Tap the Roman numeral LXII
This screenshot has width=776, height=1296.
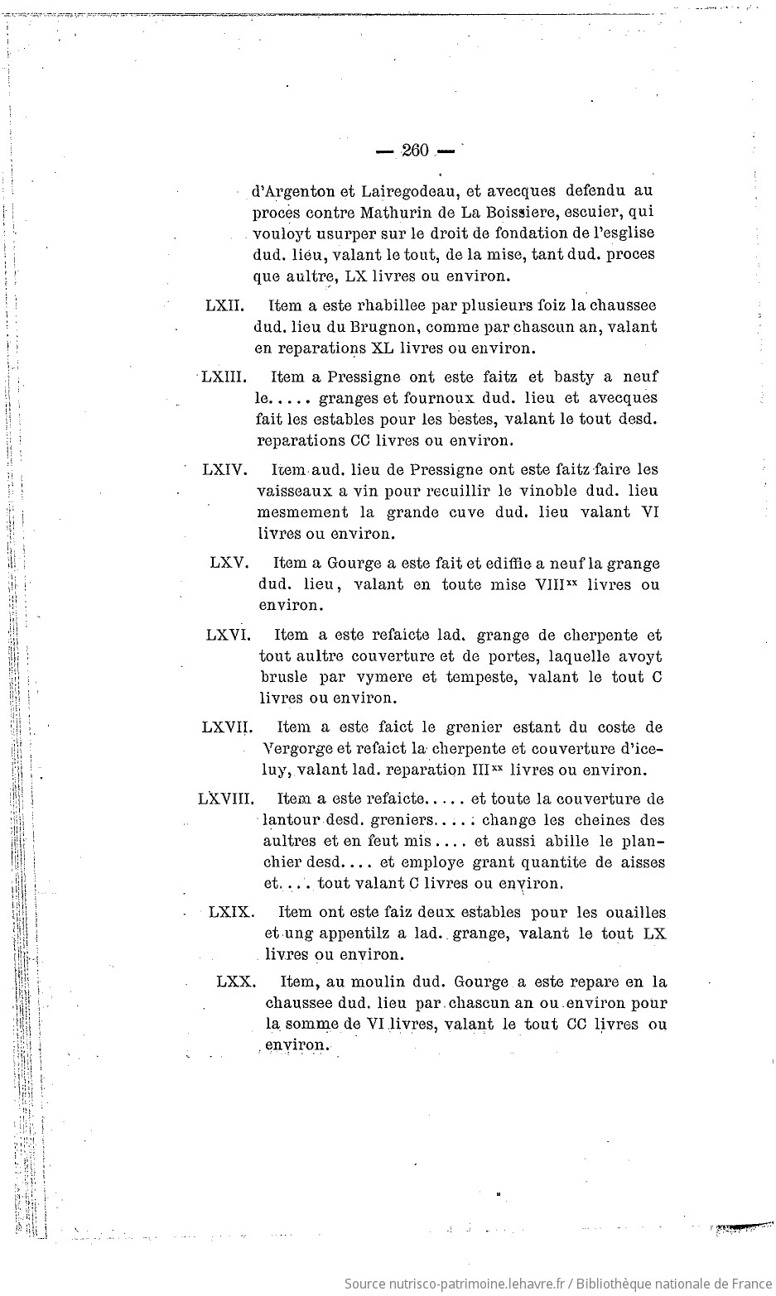click(x=224, y=306)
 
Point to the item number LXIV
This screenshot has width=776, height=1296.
click(x=224, y=470)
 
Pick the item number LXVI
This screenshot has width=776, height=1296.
click(x=228, y=636)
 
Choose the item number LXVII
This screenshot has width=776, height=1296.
click(x=226, y=727)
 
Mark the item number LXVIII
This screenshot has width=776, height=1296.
click(x=225, y=799)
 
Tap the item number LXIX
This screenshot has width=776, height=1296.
click(x=230, y=912)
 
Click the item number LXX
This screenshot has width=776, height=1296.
click(x=236, y=982)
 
